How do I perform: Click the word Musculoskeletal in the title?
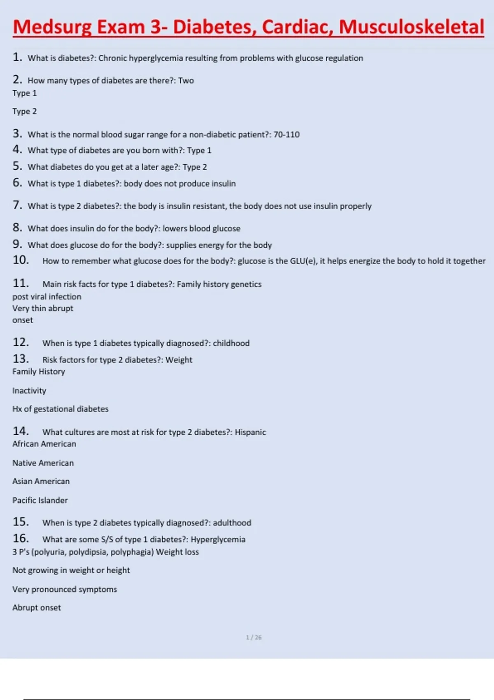click(411, 27)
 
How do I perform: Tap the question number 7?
click(17, 205)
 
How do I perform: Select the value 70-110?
click(287, 135)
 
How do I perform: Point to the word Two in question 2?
click(186, 81)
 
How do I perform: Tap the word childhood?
click(231, 343)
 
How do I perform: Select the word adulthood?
click(232, 523)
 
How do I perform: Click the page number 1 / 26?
click(254, 637)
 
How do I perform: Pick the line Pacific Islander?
click(40, 500)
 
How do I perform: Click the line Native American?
click(43, 463)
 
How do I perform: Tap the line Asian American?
click(41, 481)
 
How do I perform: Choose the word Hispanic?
click(250, 432)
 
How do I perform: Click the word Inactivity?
click(29, 391)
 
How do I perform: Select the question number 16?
click(21, 539)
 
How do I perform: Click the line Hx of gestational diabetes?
click(61, 409)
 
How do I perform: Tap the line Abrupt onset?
click(37, 608)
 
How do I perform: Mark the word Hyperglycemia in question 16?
click(218, 539)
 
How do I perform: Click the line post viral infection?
click(47, 297)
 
